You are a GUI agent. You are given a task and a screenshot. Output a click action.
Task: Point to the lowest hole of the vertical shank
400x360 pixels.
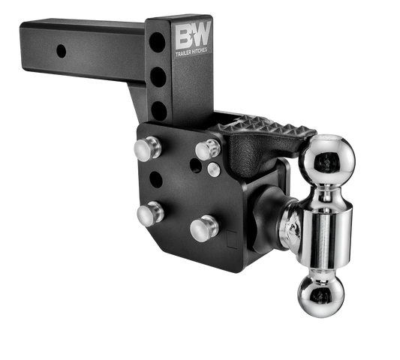159,109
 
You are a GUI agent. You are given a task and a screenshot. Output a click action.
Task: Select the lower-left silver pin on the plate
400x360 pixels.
148,214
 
